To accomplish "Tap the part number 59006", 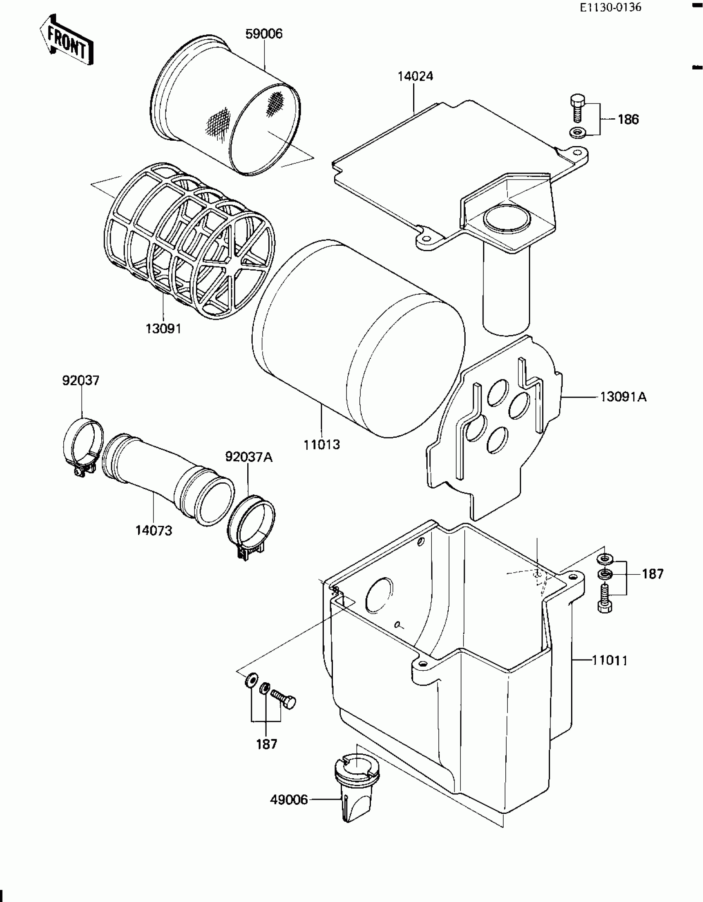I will [264, 34].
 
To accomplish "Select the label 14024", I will [415, 77].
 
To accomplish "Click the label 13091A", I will [623, 397].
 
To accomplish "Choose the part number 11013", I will [322, 445].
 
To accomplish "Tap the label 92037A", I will [249, 457].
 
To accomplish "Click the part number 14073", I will [154, 530].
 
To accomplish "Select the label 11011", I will [610, 660].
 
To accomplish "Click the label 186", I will [628, 120].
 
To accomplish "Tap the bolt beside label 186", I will [577, 108].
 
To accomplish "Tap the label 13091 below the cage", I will [163, 329].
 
